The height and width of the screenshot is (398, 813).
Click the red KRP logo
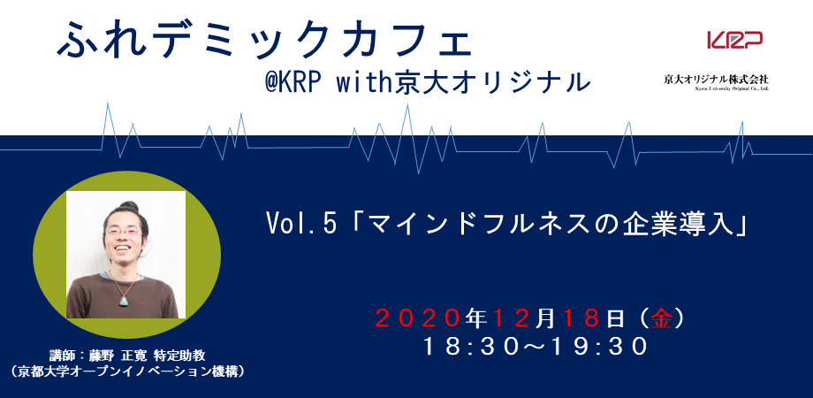(734, 40)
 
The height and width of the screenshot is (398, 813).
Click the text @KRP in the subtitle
(292, 83)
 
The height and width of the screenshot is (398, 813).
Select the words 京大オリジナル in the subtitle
(492, 83)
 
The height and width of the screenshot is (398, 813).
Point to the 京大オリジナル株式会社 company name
(716, 80)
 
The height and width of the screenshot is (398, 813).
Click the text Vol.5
(301, 224)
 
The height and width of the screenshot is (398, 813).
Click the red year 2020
(418, 319)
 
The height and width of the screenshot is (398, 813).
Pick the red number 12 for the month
(513, 319)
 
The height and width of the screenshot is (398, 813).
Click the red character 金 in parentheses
(662, 319)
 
